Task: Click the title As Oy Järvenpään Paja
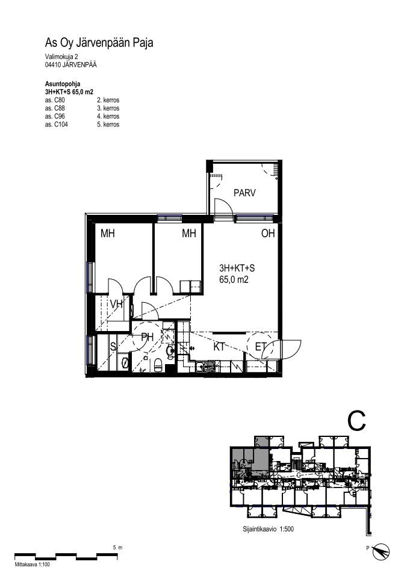click(99, 43)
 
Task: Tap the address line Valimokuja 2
click(61, 57)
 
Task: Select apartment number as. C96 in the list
click(55, 116)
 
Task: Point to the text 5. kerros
click(108, 125)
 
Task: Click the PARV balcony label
click(244, 193)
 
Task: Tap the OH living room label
click(268, 234)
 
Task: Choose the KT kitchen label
click(219, 347)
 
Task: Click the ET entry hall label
click(261, 347)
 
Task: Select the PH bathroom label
click(148, 337)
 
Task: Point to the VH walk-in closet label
click(116, 305)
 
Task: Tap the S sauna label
click(113, 347)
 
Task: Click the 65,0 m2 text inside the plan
click(234, 279)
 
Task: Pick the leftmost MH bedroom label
click(107, 234)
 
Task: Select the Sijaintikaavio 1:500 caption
click(268, 529)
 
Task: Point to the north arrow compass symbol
click(381, 551)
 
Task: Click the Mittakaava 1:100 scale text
click(32, 564)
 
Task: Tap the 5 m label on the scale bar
click(117, 548)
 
